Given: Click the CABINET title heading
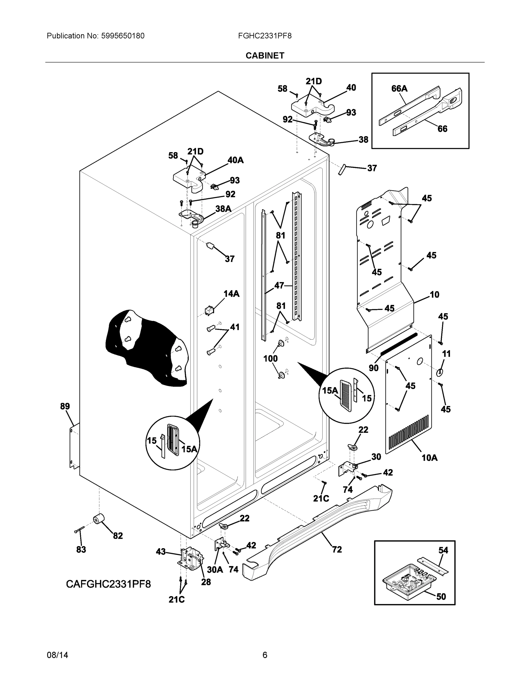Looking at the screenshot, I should (265, 56).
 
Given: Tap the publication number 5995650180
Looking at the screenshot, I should (123, 36).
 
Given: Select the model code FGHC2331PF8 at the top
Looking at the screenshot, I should (265, 36).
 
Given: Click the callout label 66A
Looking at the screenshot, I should (399, 89).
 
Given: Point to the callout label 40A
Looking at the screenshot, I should (235, 160).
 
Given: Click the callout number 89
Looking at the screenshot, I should (65, 406).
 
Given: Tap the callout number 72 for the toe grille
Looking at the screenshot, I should (337, 549).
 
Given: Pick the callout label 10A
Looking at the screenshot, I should (429, 458).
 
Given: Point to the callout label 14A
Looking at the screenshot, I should (231, 294).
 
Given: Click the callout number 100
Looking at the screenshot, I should (270, 358).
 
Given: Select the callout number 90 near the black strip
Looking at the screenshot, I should (374, 368).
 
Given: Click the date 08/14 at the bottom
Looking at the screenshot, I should (57, 655).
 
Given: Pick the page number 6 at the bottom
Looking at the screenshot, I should (265, 655).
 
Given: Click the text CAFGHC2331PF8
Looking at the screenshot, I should (108, 584).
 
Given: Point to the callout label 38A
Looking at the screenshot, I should (223, 209).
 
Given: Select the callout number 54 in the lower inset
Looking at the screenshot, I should (443, 551).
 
